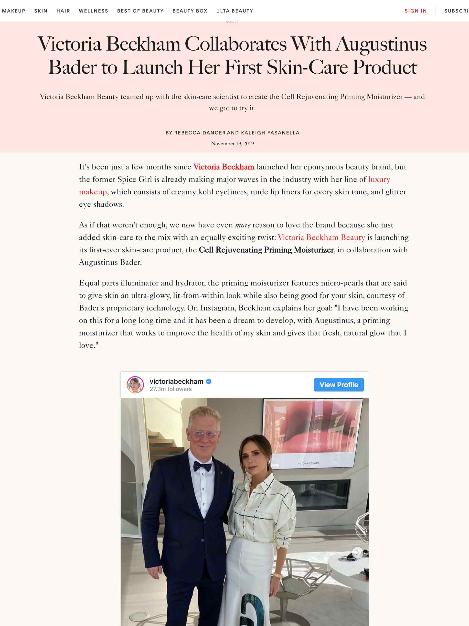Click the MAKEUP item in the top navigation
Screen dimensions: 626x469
[14, 11]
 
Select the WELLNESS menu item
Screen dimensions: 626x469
[93, 11]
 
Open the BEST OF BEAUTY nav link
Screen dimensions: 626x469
[140, 11]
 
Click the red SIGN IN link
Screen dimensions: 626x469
[415, 11]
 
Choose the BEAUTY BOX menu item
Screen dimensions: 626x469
[190, 11]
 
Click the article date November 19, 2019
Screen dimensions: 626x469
[232, 144]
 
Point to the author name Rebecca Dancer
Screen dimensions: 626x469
[200, 133]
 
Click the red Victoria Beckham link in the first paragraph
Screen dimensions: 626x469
[224, 167]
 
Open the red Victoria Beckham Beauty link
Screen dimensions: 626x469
[321, 237]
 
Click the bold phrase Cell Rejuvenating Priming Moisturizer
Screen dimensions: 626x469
[266, 250]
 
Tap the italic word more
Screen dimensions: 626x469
[243, 225]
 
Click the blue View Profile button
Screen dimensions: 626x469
[339, 385]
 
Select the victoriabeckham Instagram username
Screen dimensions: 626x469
[176, 381]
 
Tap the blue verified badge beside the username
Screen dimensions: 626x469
[209, 381]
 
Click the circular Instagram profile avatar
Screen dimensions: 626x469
[135, 385]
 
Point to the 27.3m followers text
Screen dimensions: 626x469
[171, 389]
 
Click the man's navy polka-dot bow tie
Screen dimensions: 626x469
[203, 466]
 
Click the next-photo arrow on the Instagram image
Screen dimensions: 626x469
[357, 552]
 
